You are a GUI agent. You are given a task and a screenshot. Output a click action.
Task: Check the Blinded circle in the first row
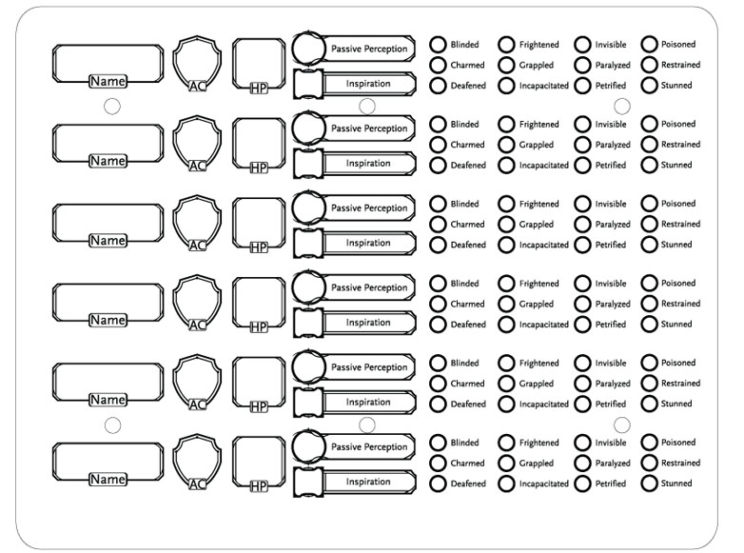click(438, 45)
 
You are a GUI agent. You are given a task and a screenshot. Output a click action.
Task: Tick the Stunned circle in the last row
click(649, 484)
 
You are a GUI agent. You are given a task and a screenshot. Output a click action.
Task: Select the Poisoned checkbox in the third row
click(649, 204)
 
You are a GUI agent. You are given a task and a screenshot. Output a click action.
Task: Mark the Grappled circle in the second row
click(506, 145)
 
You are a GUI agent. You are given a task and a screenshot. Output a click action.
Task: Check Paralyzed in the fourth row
click(582, 304)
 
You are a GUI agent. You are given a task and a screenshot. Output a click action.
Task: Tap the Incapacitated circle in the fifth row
click(506, 404)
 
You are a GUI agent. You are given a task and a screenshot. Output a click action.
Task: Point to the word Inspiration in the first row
click(368, 84)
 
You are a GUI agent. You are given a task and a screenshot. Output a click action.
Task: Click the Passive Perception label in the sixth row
click(369, 446)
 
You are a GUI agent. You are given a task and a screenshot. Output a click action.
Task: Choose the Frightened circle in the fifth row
click(506, 364)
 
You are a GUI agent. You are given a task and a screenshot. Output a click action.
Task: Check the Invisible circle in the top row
click(582, 45)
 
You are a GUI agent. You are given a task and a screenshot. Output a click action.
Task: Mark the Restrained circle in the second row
click(649, 145)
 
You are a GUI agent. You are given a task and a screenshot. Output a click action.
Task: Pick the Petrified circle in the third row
click(582, 245)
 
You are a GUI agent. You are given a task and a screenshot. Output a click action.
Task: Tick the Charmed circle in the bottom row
click(438, 463)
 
